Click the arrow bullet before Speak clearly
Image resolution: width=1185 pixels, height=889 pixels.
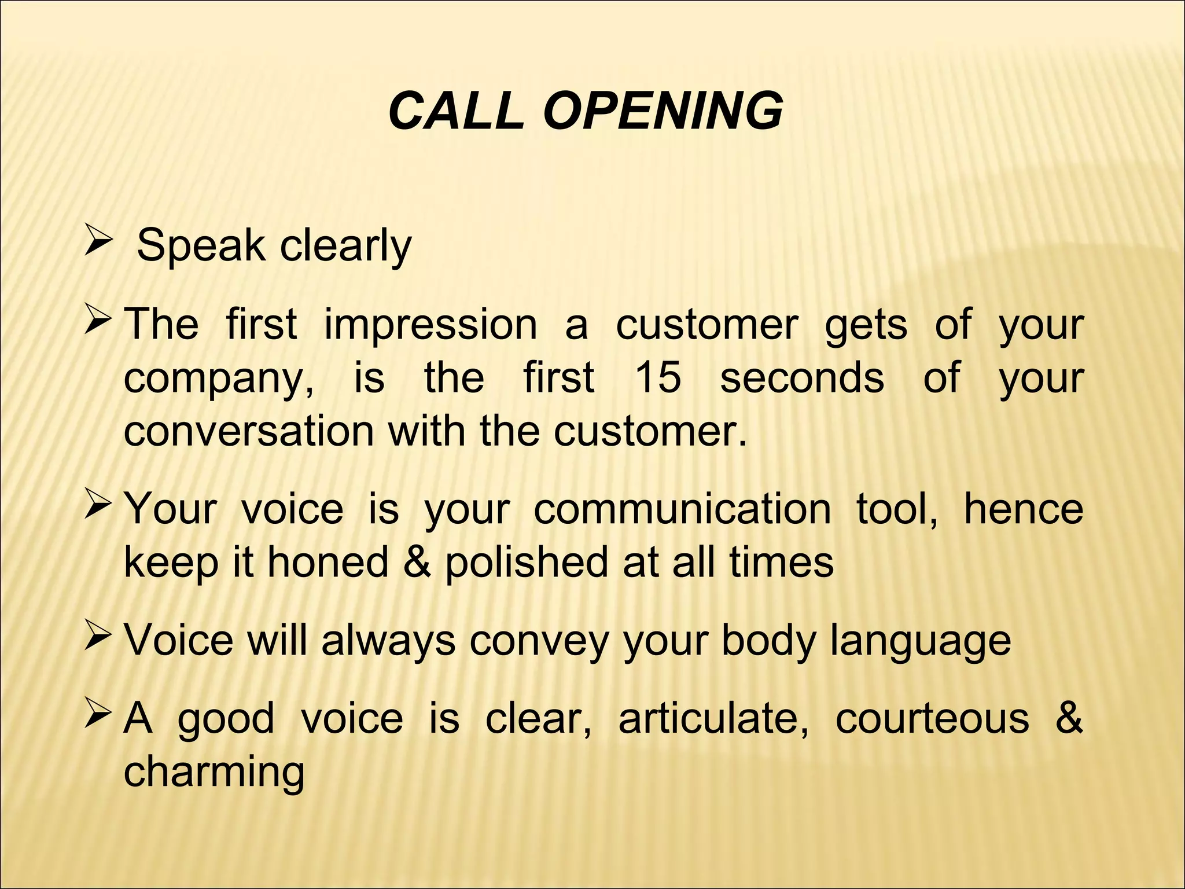click(x=95, y=242)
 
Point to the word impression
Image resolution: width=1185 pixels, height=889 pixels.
click(x=430, y=324)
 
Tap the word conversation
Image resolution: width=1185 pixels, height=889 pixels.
click(x=249, y=431)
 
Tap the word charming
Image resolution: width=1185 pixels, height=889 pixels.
click(x=214, y=773)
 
